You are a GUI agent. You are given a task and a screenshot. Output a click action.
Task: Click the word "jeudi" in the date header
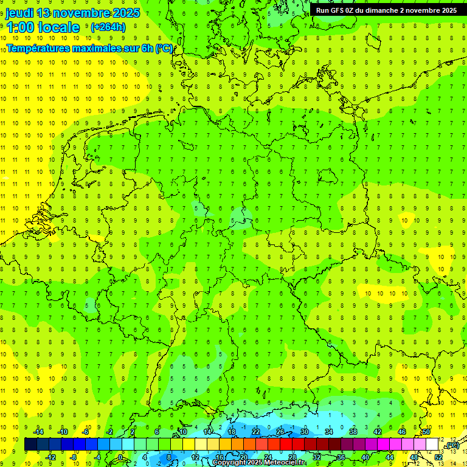[19, 13]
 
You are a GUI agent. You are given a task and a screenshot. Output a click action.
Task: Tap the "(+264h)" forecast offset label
[108, 27]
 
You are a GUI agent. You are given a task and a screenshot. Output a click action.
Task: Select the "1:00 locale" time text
[43, 27]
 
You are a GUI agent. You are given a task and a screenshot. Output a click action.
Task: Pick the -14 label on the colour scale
[39, 432]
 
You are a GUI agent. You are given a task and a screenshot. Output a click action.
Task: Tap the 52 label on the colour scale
[438, 457]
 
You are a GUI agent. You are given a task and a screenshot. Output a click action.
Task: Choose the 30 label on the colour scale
[304, 432]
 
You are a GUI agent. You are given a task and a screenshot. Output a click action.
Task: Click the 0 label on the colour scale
[120, 457]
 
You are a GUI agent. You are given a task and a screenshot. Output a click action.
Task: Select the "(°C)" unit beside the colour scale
[452, 446]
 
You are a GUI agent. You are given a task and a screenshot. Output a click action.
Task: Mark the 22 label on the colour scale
[256, 432]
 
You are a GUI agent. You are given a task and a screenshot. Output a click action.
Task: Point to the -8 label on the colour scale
[74, 457]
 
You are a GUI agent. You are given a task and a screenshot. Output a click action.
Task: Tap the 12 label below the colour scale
[196, 457]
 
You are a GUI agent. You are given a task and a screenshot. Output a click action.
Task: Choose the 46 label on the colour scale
[402, 432]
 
